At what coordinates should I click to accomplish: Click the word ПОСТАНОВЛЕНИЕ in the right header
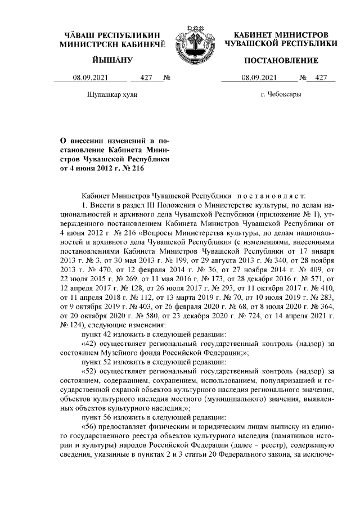tap(281, 60)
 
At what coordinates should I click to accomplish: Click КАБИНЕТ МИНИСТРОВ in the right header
tap(281, 35)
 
